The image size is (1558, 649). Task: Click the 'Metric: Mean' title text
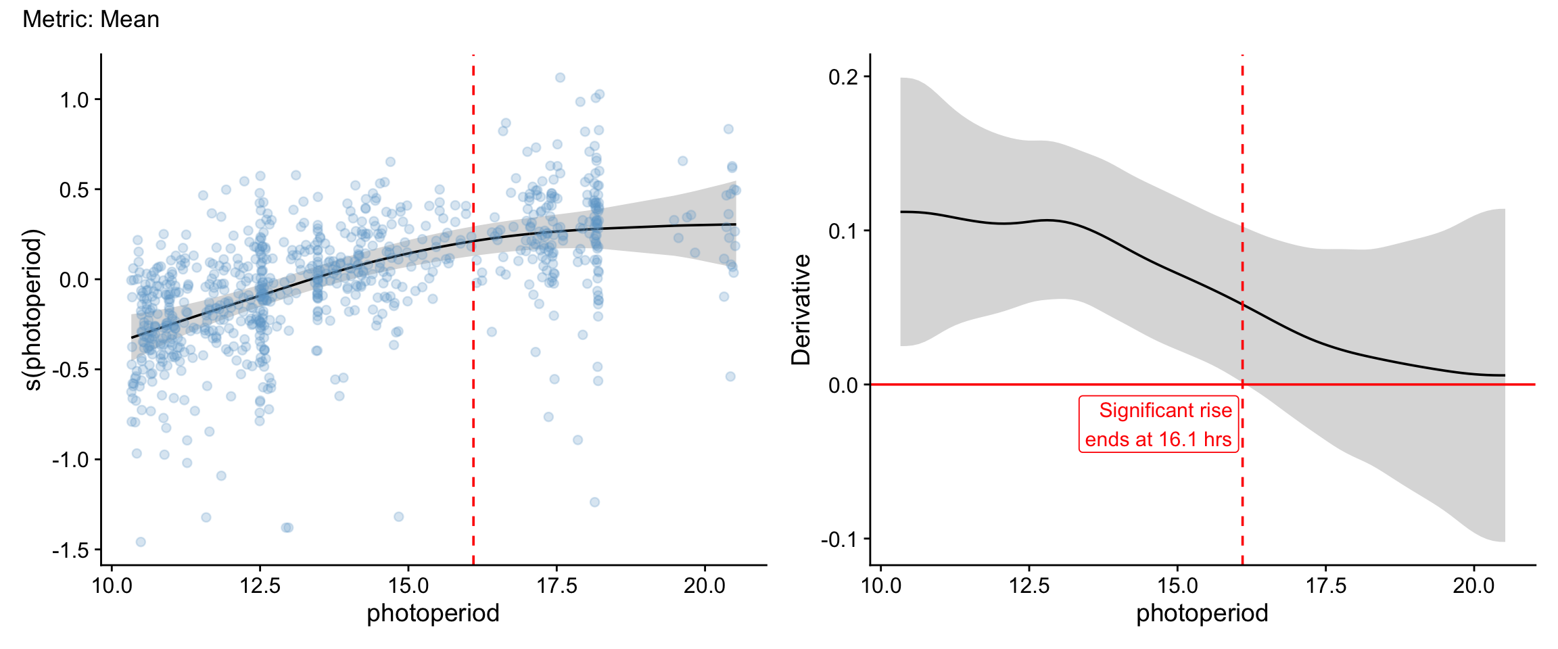(91, 20)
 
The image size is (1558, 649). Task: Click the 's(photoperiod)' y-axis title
(32, 310)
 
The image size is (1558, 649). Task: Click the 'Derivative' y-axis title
(801, 310)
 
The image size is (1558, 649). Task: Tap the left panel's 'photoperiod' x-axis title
(433, 613)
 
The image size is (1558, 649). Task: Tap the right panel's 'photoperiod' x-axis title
(1202, 613)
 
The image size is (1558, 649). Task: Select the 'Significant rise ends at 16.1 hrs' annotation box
(1158, 425)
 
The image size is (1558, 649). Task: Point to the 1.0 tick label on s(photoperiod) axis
(74, 100)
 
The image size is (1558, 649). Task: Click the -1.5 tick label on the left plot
(71, 550)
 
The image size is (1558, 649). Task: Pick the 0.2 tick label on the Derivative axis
(843, 77)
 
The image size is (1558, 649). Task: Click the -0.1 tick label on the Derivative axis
(840, 539)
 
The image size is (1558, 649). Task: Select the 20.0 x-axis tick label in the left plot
(705, 585)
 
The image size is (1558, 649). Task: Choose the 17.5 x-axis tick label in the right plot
(1326, 585)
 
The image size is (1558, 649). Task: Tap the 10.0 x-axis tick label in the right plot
(881, 585)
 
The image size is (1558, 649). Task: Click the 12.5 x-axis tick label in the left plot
(260, 585)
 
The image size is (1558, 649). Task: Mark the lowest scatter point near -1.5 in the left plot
(141, 542)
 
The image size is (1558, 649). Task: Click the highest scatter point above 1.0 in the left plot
(560, 78)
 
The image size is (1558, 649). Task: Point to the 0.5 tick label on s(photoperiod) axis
(74, 190)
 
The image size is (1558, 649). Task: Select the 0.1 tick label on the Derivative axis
(843, 231)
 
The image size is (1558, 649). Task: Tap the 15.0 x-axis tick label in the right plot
(1178, 585)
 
